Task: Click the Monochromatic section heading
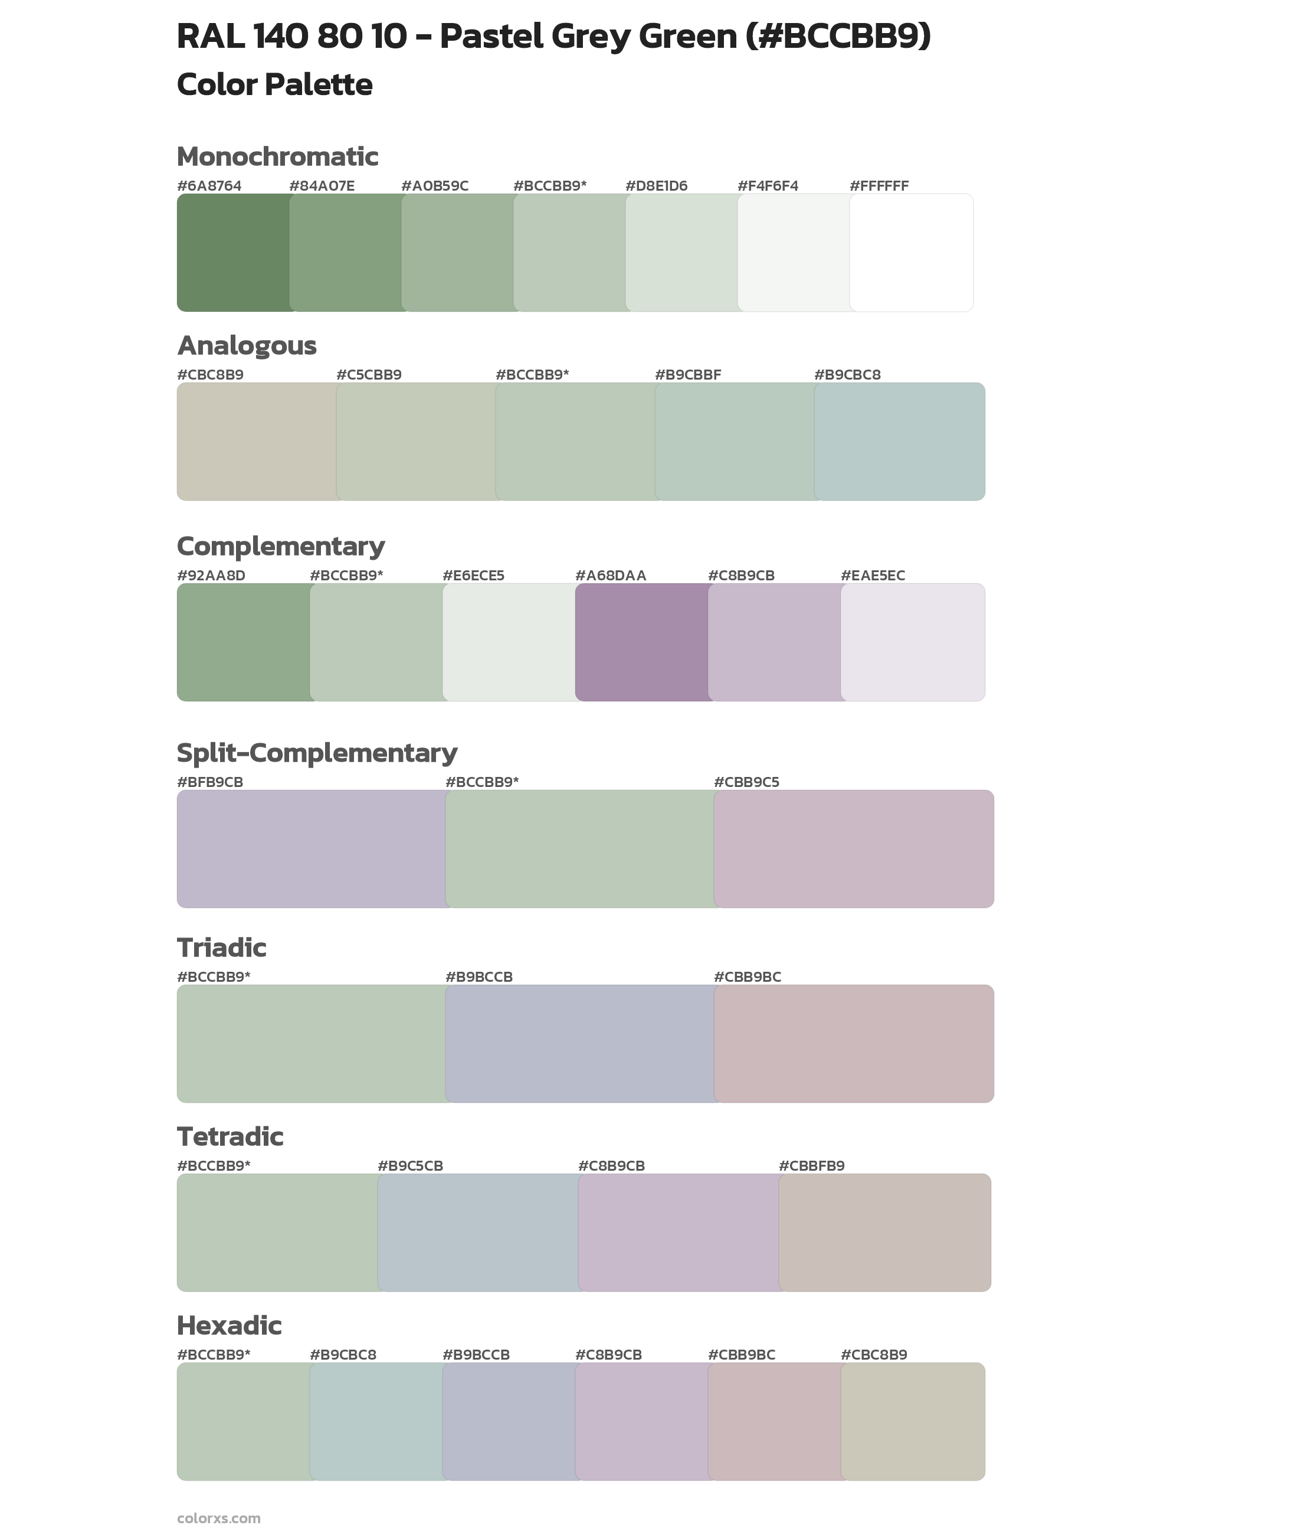pyautogui.click(x=277, y=157)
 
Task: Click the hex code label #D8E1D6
pyautogui.click(x=656, y=185)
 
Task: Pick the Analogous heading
pyautogui.click(x=247, y=345)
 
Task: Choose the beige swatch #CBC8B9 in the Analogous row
pyautogui.click(x=256, y=442)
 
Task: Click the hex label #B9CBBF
pyautogui.click(x=688, y=375)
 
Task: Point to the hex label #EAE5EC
pyautogui.click(x=873, y=575)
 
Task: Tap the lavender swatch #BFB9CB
pyautogui.click(x=310, y=849)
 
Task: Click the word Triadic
pyautogui.click(x=221, y=948)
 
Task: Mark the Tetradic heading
pyautogui.click(x=230, y=1136)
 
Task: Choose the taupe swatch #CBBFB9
pyautogui.click(x=884, y=1232)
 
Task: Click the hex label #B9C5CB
pyautogui.click(x=411, y=1165)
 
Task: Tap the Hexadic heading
pyautogui.click(x=230, y=1325)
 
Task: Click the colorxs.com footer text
pyautogui.click(x=218, y=1518)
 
